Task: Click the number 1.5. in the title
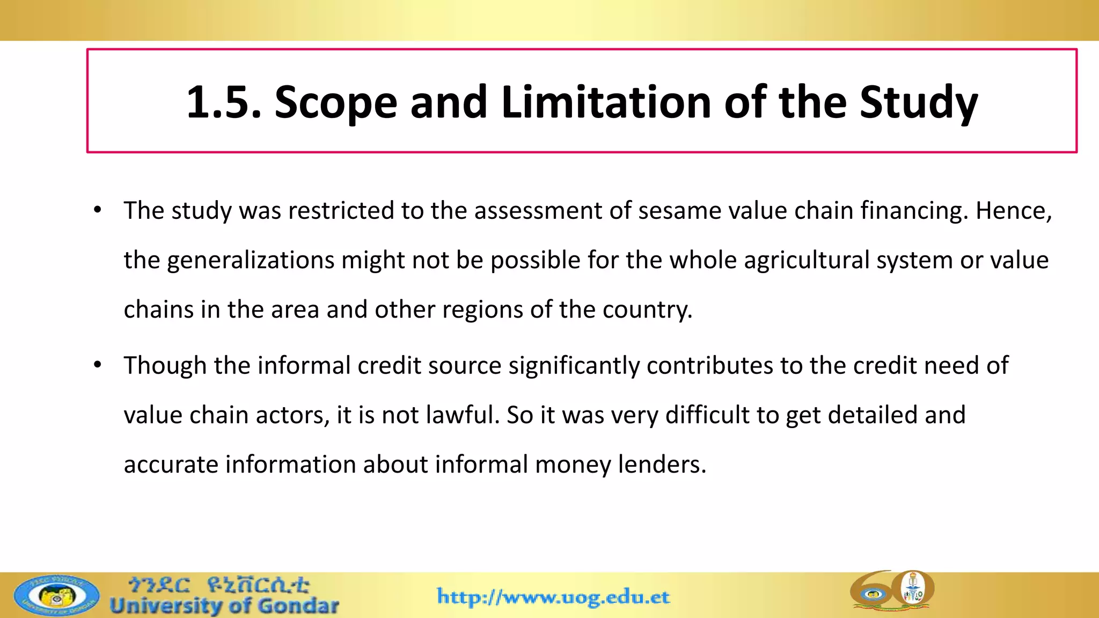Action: pyautogui.click(x=223, y=102)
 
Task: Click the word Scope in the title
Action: pyautogui.click(x=336, y=102)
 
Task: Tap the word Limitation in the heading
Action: pyautogui.click(x=606, y=102)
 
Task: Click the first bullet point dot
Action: pyautogui.click(x=97, y=210)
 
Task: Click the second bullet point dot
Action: pyautogui.click(x=97, y=365)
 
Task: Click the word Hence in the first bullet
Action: pyautogui.click(x=1012, y=210)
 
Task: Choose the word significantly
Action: pyautogui.click(x=574, y=365)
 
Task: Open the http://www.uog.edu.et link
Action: pyautogui.click(x=553, y=597)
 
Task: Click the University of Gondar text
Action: pyautogui.click(x=224, y=606)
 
